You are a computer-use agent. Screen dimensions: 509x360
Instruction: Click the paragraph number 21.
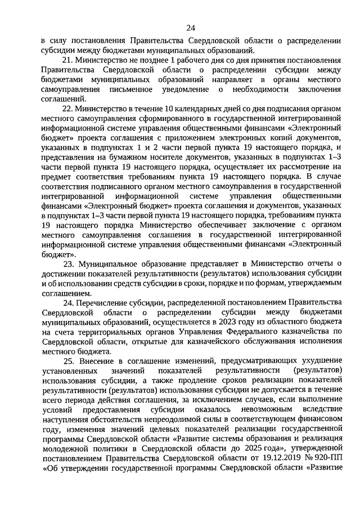(x=68, y=60)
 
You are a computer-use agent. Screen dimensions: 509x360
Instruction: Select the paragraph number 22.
(x=69, y=109)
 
